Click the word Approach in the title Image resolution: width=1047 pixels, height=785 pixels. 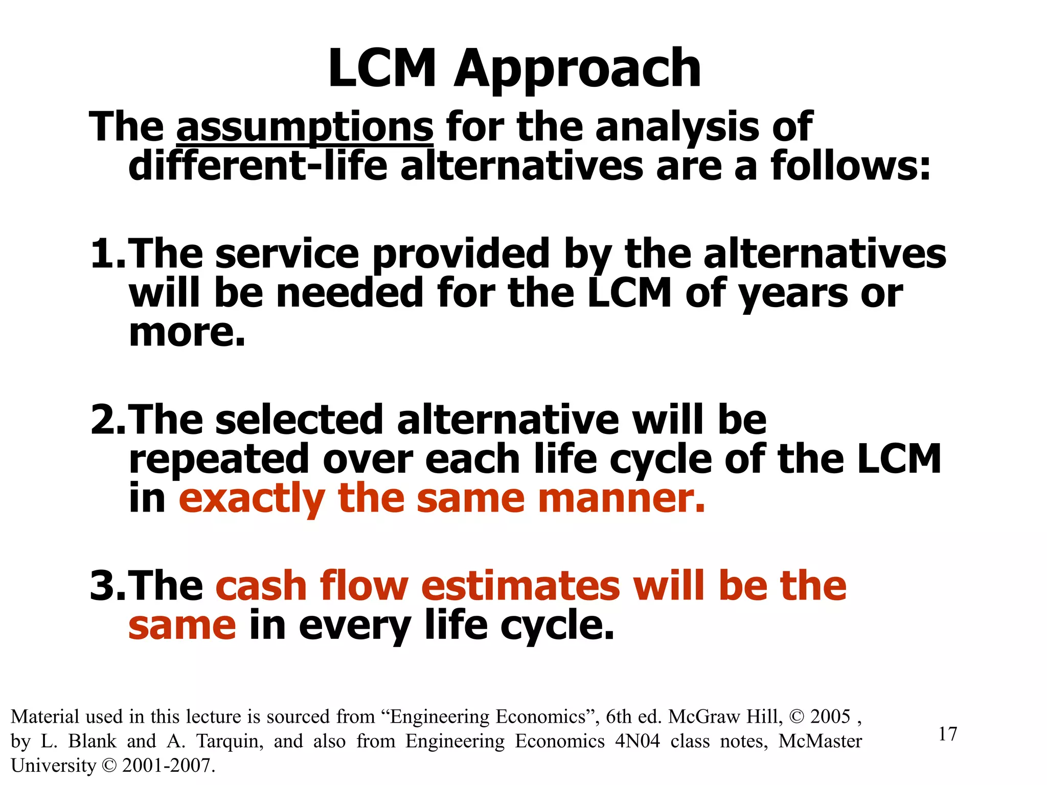tap(577, 70)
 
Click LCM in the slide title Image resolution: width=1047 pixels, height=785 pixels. tap(382, 68)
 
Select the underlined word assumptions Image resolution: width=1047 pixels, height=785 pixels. tap(305, 127)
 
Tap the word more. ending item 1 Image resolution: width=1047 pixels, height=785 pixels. tap(187, 332)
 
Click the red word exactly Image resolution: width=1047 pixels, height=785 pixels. tap(252, 499)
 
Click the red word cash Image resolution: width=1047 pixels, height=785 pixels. tap(261, 586)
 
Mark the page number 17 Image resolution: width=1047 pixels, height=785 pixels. tap(947, 734)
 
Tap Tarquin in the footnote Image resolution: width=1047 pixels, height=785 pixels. tap(230, 741)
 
